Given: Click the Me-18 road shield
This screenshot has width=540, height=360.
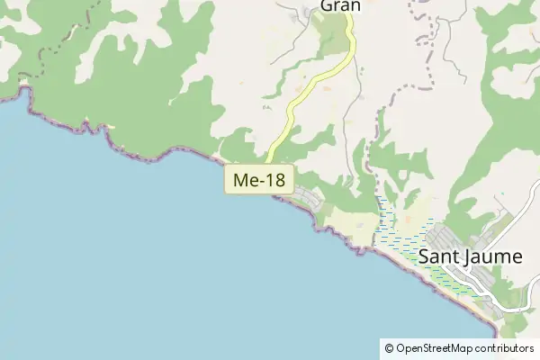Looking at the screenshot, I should pyautogui.click(x=259, y=180).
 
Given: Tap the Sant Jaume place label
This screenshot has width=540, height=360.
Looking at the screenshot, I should pyautogui.click(x=470, y=256).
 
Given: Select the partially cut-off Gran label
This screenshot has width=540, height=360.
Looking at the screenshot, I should pyautogui.click(x=340, y=5).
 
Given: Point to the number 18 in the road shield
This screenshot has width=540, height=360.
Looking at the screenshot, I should pyautogui.click(x=274, y=180).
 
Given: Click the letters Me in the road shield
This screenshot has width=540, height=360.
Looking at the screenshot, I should pyautogui.click(x=244, y=180).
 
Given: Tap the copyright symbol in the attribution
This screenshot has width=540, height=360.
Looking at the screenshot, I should pyautogui.click(x=389, y=348).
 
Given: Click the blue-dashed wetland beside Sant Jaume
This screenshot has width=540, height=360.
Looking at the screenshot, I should pyautogui.click(x=396, y=238).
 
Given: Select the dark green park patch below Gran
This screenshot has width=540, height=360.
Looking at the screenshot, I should pyautogui.click(x=336, y=36).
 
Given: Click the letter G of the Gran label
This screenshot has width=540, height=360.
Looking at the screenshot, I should pyautogui.click(x=327, y=5).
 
